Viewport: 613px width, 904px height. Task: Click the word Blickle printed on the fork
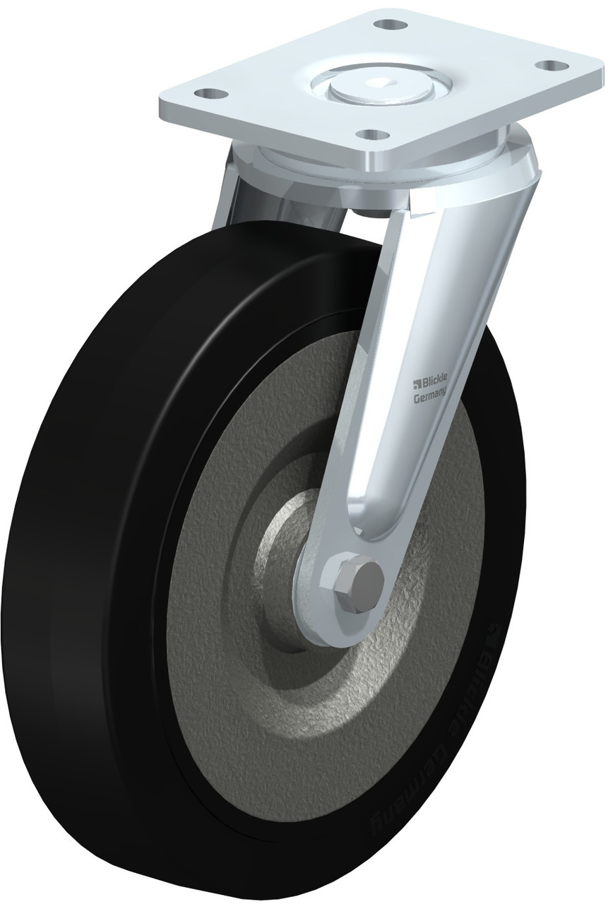coord(434,380)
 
